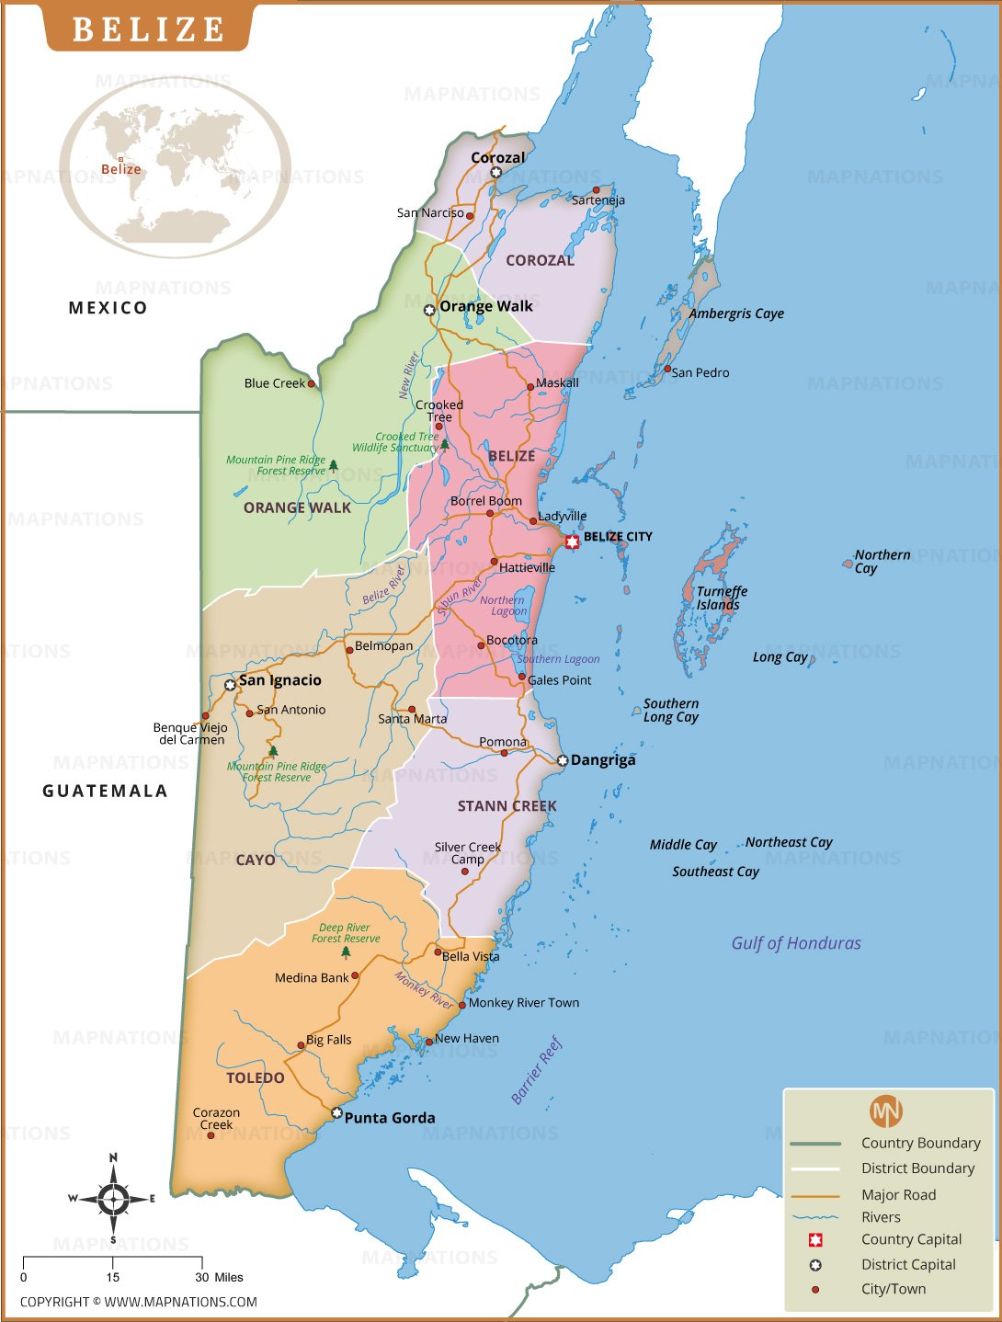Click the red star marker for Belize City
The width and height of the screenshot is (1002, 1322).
(572, 541)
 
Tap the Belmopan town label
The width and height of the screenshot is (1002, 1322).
(383, 646)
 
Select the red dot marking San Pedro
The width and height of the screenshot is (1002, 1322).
(667, 369)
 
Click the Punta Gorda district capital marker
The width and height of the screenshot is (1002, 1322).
(336, 1113)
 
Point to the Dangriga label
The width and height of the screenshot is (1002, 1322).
(602, 760)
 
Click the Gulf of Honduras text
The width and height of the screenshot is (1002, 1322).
(796, 943)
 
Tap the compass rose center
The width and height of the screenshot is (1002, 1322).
(113, 1199)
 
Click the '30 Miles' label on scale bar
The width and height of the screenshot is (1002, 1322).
(219, 1277)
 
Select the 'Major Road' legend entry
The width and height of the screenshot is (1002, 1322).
(898, 1195)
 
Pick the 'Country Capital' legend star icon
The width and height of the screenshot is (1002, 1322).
(814, 1240)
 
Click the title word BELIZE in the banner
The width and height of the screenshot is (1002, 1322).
(148, 29)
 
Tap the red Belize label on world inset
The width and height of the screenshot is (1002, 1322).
(121, 169)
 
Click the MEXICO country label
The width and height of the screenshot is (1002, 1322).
(108, 308)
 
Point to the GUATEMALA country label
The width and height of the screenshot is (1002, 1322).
(105, 791)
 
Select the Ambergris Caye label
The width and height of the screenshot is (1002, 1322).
(736, 313)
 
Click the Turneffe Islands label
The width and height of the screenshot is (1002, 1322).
(721, 598)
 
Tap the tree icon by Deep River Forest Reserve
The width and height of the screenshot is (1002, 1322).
(346, 952)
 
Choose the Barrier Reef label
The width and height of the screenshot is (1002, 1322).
(536, 1071)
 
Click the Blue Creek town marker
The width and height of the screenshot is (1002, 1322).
(311, 383)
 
